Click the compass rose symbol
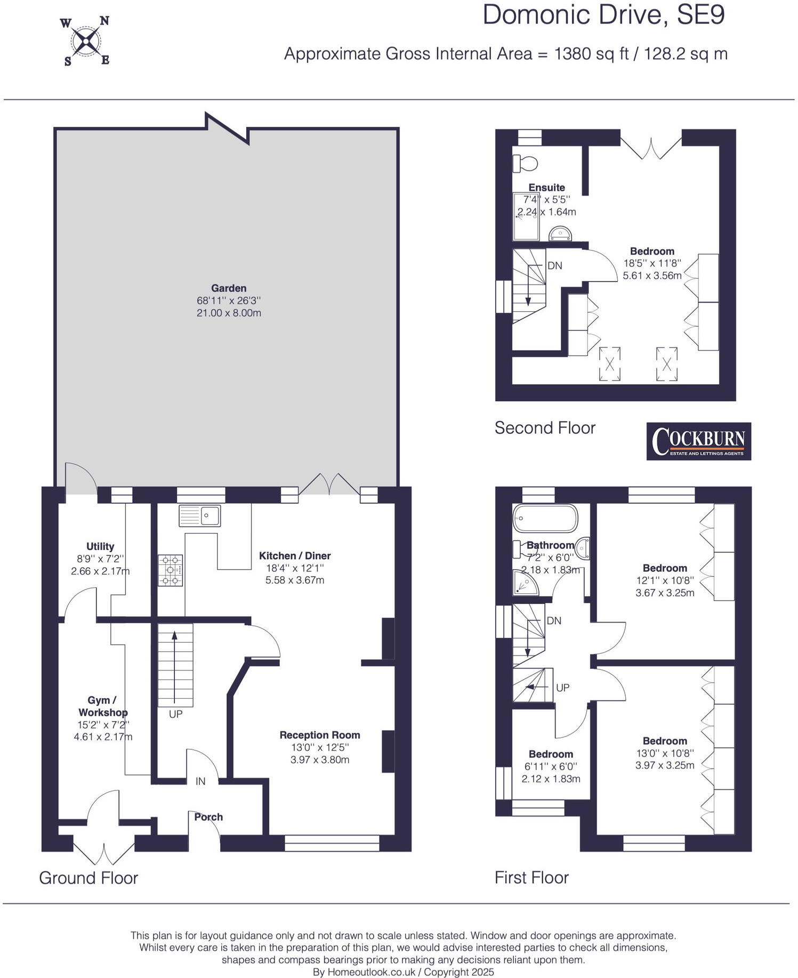pos(85,41)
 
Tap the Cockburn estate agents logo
pos(698,441)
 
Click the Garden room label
pos(229,288)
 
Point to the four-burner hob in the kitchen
pos(170,570)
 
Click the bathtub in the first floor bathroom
pos(545,518)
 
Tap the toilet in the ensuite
pos(525,163)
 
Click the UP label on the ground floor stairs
pos(175,714)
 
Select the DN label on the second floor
pos(555,265)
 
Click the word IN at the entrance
pos(200,781)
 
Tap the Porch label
pos(208,817)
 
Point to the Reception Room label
pos(320,735)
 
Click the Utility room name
pos(100,546)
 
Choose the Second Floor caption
pos(545,427)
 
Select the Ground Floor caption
pos(88,878)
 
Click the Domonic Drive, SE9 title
pos(603,15)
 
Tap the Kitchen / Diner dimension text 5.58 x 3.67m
pos(295,580)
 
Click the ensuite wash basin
pos(560,233)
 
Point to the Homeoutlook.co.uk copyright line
pos(403,972)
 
